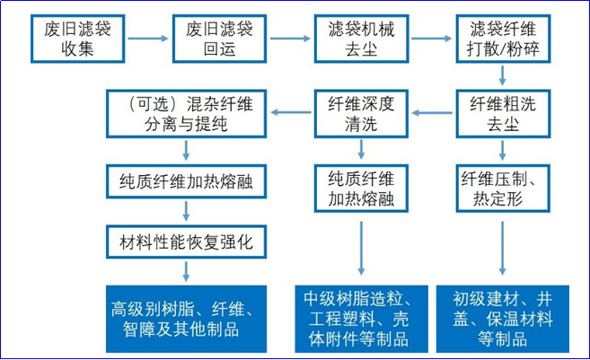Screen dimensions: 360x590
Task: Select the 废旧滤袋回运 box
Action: tap(219, 39)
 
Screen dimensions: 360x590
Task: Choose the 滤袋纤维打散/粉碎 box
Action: tap(500, 39)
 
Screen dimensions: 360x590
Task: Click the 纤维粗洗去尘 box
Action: tap(500, 112)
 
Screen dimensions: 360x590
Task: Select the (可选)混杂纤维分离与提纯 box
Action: tap(186, 112)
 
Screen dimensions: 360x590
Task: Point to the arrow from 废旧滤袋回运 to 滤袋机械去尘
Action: tap(289, 39)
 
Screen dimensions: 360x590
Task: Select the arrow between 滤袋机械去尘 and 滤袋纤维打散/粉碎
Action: tap(430, 39)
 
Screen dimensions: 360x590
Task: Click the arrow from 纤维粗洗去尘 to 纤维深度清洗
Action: tap(430, 112)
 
